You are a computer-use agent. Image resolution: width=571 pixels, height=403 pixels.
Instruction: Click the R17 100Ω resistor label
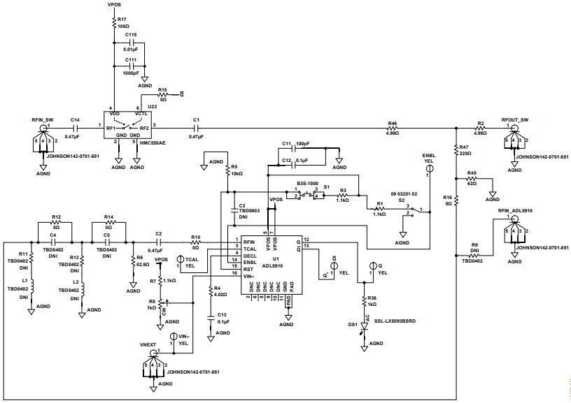pos(122,22)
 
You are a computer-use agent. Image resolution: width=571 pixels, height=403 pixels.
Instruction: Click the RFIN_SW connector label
pos(43,120)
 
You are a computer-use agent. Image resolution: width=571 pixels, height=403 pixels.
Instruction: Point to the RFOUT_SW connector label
pos(514,120)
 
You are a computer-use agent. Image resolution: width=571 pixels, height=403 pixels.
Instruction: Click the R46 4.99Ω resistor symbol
pos(393,128)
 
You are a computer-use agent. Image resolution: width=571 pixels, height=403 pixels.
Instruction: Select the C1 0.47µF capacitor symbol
pos(196,128)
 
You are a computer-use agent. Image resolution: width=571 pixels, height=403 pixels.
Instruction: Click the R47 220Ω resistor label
pos(465,151)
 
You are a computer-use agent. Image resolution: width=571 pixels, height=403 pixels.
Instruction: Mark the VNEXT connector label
pos(151,345)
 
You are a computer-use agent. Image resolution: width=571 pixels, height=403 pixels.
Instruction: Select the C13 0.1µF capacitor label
pos(222,318)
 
